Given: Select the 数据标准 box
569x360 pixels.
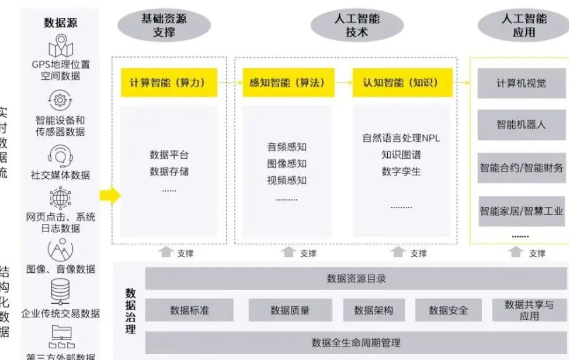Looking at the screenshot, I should click(x=189, y=311).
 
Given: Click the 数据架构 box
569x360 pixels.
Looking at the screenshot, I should click(x=362, y=311).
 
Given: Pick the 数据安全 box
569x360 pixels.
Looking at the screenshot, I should click(x=442, y=311).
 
